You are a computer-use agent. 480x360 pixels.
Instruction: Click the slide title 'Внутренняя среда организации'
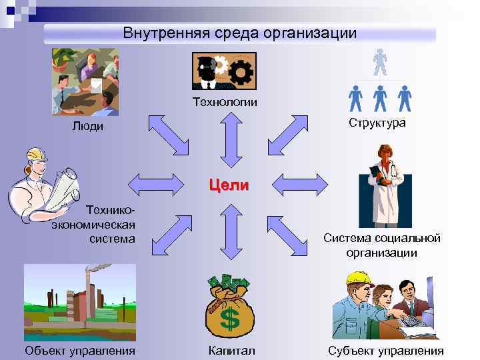[240, 33]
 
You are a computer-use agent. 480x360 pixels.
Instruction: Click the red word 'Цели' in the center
[229, 185]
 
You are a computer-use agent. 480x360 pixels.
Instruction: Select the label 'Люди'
[87, 127]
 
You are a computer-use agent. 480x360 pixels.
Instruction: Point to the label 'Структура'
[377, 123]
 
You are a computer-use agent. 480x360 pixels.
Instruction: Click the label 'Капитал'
[230, 351]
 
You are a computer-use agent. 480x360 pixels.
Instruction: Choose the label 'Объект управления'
[79, 351]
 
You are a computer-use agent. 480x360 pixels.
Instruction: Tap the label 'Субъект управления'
[386, 351]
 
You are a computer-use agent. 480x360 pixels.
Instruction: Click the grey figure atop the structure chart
[379, 63]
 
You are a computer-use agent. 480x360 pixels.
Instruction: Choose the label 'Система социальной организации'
[382, 245]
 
